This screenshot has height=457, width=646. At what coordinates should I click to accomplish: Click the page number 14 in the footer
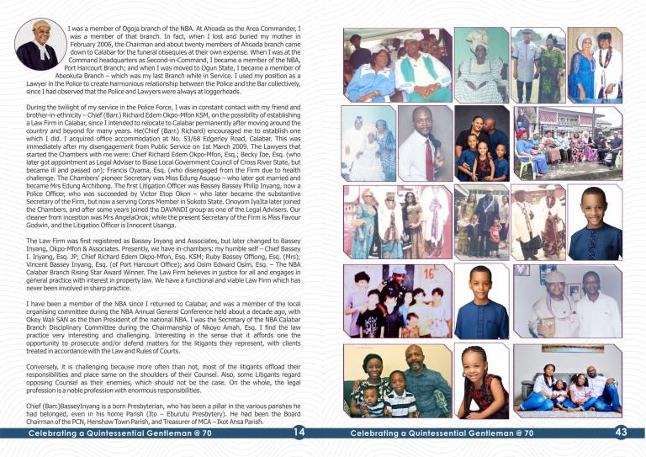[x=300, y=433]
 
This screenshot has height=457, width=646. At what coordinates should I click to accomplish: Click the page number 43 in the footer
[x=622, y=433]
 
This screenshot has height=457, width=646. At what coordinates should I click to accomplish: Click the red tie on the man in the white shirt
[x=430, y=157]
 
